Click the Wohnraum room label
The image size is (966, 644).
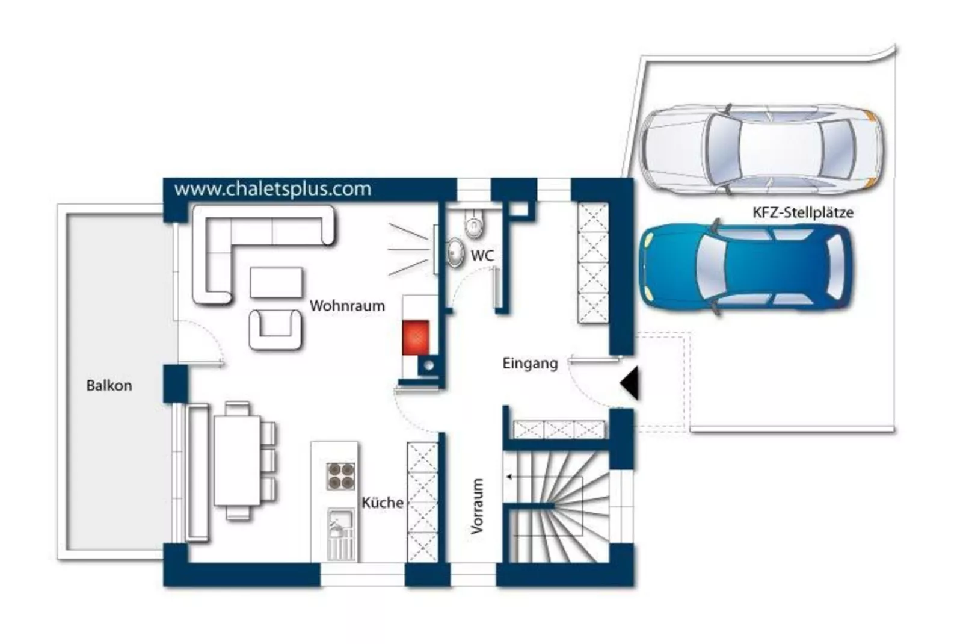(x=347, y=306)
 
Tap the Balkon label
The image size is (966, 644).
(x=109, y=385)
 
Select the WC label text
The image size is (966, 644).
(x=482, y=256)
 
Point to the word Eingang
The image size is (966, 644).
(x=530, y=364)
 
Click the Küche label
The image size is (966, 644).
(x=382, y=503)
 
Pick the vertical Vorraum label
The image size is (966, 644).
(x=477, y=506)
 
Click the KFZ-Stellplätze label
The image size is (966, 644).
(x=803, y=212)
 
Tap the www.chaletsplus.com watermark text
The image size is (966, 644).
(x=272, y=189)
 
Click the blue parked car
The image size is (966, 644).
(x=746, y=267)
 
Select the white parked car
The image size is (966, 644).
(x=760, y=149)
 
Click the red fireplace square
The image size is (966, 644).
(x=416, y=338)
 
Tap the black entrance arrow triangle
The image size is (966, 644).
(x=630, y=383)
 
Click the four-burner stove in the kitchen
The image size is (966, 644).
(x=340, y=476)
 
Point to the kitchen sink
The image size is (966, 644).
(x=341, y=534)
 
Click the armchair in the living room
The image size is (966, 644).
(x=275, y=329)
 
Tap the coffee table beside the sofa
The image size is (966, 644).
(x=276, y=282)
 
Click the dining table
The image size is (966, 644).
(x=237, y=460)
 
